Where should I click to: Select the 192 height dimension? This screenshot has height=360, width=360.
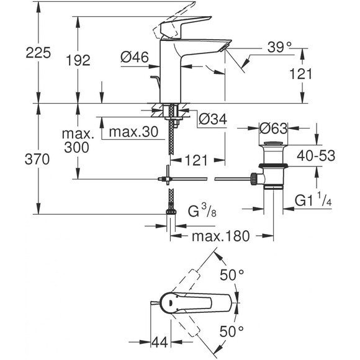point(78,60)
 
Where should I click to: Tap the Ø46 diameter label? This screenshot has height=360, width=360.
point(134,58)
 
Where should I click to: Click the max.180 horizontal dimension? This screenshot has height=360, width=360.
point(219,236)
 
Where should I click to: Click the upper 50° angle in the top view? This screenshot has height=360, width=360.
point(233,273)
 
